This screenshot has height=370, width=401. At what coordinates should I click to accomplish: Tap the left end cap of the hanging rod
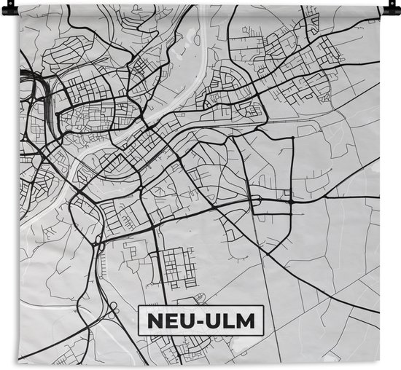pyautogui.click(x=20, y=9)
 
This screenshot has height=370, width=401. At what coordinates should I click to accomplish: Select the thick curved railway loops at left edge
pyautogui.click(x=33, y=87)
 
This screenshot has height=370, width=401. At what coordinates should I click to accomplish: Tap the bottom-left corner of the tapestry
pyautogui.click(x=20, y=360)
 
